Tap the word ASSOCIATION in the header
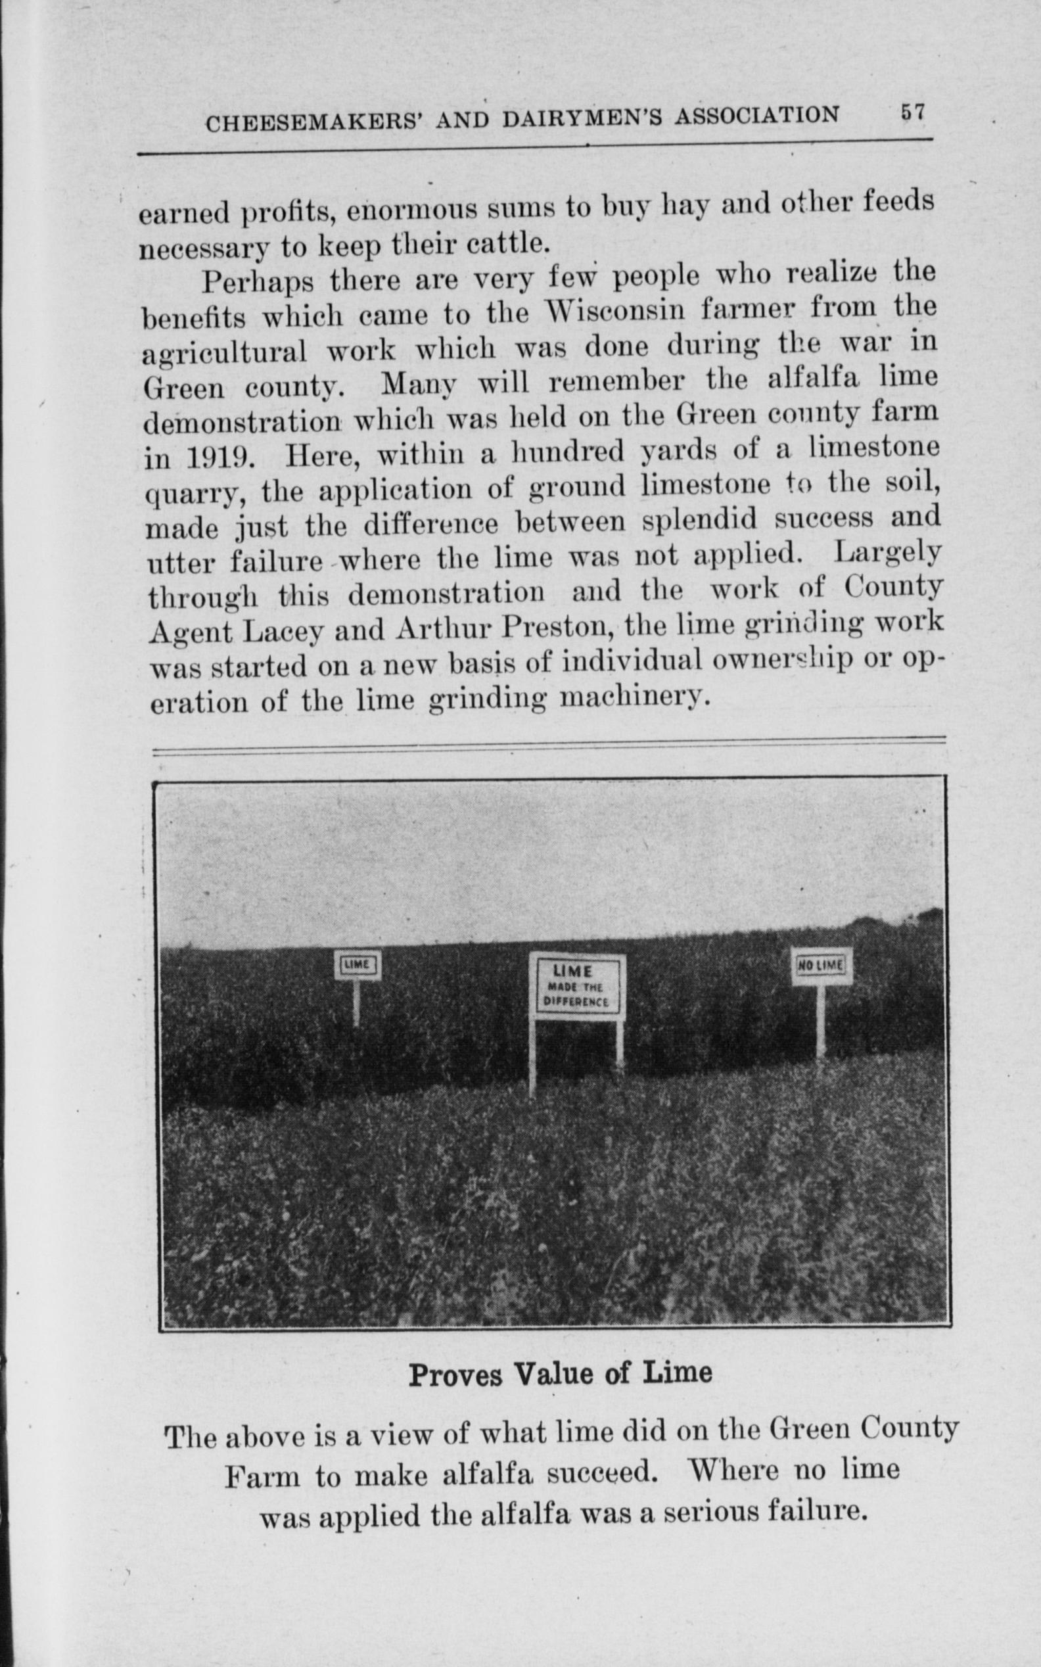tap(756, 114)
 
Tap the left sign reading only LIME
tap(358, 965)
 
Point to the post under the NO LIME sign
tap(821, 1020)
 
